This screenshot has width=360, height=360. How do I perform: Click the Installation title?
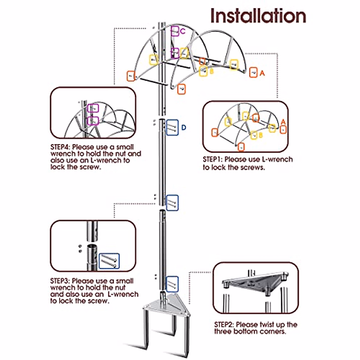[258, 16]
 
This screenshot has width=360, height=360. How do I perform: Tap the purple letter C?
[183, 31]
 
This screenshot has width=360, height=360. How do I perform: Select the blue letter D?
[184, 128]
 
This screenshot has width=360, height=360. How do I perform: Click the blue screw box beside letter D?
[172, 127]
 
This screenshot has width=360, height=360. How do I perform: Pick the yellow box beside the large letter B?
[203, 71]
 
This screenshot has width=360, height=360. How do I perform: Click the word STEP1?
[213, 160]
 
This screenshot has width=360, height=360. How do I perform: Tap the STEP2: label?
[224, 325]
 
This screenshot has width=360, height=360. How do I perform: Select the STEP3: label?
[60, 281]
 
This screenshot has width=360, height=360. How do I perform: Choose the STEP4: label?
[60, 147]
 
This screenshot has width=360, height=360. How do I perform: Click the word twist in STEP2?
[267, 325]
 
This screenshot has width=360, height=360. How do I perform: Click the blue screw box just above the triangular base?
[172, 284]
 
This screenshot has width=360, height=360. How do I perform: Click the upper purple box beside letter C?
[175, 31]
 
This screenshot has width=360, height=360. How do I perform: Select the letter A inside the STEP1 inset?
[283, 122]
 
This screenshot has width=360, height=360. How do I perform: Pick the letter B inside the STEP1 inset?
[260, 135]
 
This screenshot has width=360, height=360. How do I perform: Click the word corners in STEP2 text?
[272, 331]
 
